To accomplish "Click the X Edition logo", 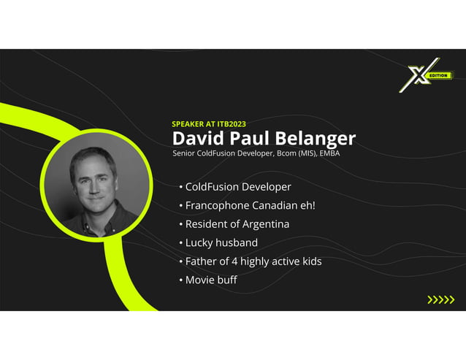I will pos(425,75).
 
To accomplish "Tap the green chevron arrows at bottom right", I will pos(440,299).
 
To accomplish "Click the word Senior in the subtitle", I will pos(183,154).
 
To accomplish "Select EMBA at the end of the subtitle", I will pos(329,154).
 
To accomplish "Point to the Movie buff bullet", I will pos(211,280).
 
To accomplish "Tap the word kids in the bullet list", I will pos(310,261).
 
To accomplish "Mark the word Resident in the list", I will pos(207,223).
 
